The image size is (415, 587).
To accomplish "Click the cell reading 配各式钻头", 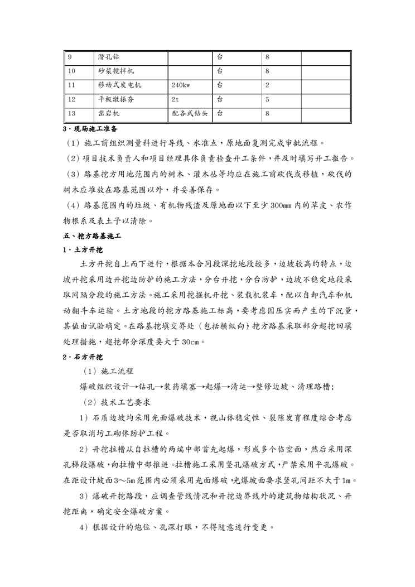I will tap(190, 113).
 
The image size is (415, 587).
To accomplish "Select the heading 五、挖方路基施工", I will tap(91, 237).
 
